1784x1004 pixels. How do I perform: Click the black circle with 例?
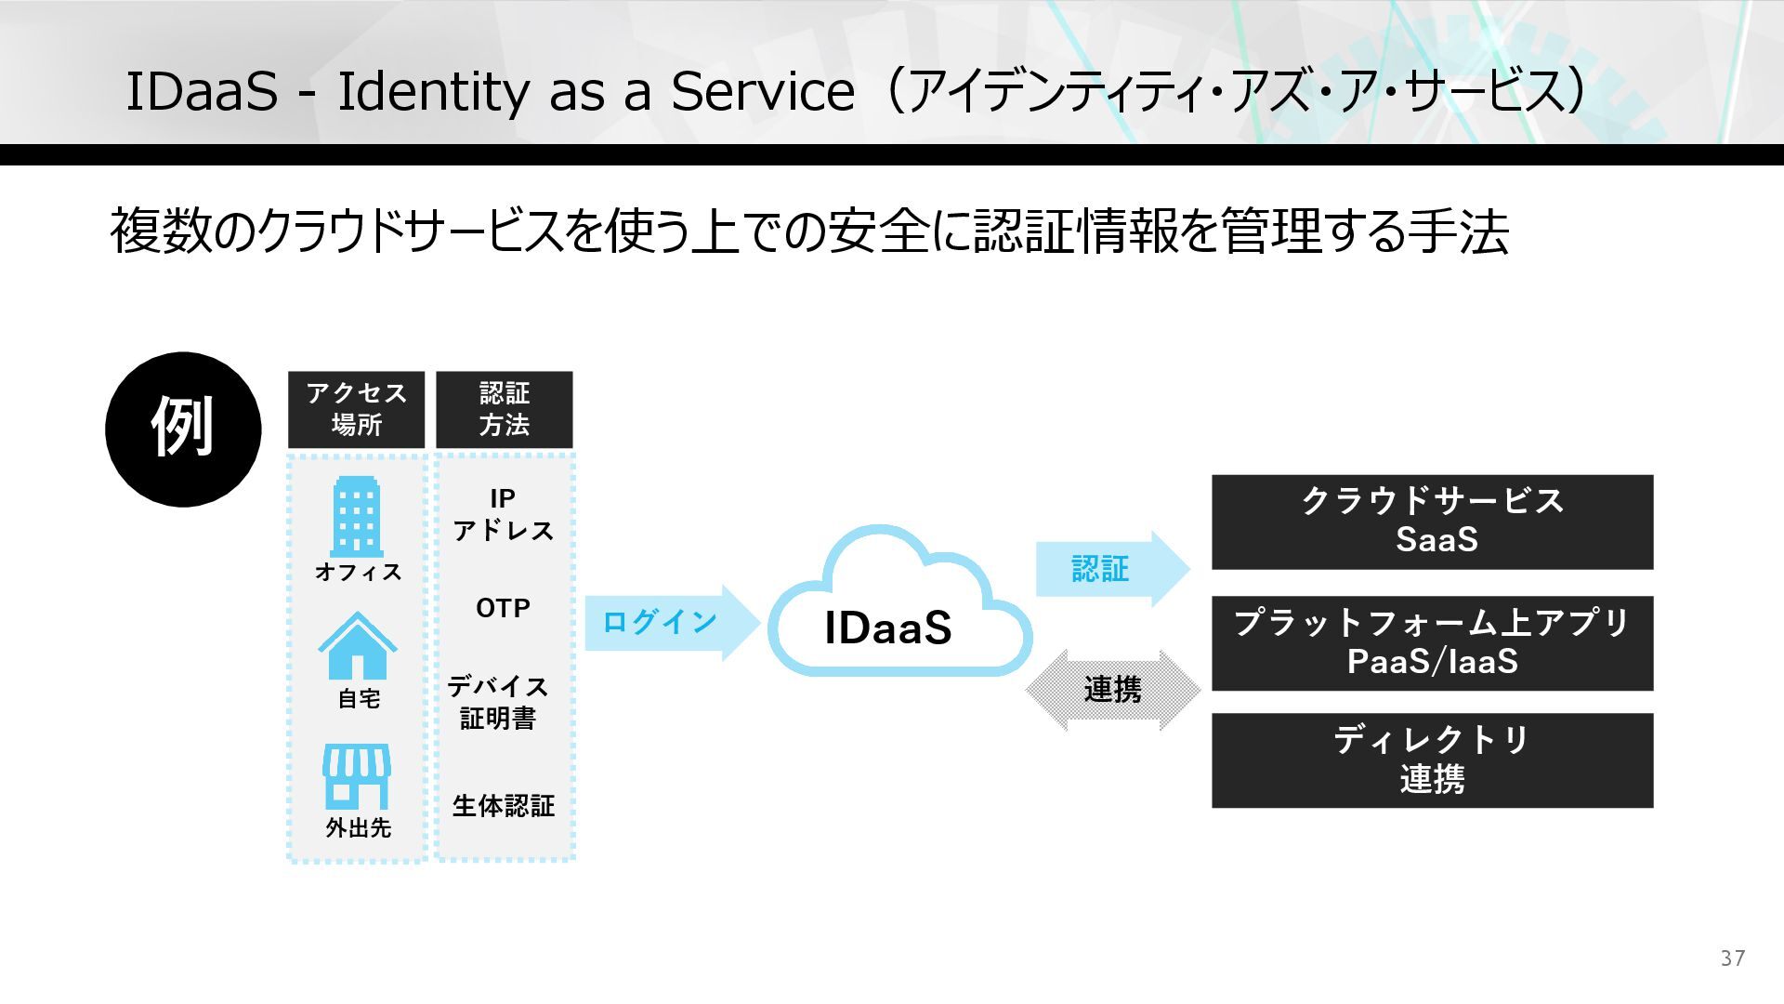pos(183,429)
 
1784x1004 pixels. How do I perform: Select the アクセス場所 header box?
pos(356,409)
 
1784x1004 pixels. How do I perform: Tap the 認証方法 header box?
pos(504,409)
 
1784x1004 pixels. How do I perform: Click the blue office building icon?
pos(356,517)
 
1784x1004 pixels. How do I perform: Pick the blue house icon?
pos(358,646)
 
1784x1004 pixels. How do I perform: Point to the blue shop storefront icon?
pos(357,776)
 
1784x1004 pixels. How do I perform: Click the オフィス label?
pos(358,572)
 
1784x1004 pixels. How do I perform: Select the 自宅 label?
pos(359,698)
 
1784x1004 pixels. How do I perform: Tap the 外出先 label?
pos(358,827)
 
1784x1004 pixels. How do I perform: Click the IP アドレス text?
pos(503,514)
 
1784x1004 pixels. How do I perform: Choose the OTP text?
pos(503,608)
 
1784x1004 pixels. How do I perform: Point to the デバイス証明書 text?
pos(498,702)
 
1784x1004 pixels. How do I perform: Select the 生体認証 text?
pos(503,805)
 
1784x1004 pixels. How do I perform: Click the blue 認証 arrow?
pos(1110,568)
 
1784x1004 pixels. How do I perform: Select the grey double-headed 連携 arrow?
pos(1112,690)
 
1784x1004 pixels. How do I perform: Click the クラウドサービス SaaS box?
pos(1432,522)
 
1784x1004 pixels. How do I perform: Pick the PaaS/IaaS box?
pos(1432,642)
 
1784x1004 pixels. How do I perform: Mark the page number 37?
pos(1732,958)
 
